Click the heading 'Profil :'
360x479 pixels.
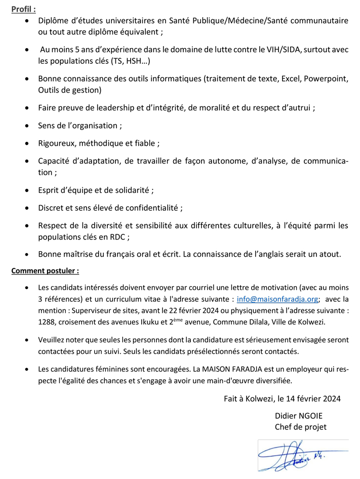pyautogui.click(x=23, y=9)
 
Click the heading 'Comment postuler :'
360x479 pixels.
pyautogui.click(x=45, y=271)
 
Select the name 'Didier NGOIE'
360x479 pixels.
pyautogui.click(x=298, y=416)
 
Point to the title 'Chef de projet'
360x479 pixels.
pyautogui.click(x=300, y=427)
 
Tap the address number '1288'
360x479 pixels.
pyautogui.click(x=47, y=321)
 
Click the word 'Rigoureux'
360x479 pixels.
pyautogui.click(x=56, y=143)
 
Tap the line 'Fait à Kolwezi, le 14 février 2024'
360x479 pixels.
pyautogui.click(x=282, y=399)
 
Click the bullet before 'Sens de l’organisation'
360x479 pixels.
pyautogui.click(x=27, y=126)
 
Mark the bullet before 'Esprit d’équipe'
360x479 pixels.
pyautogui.click(x=27, y=190)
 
